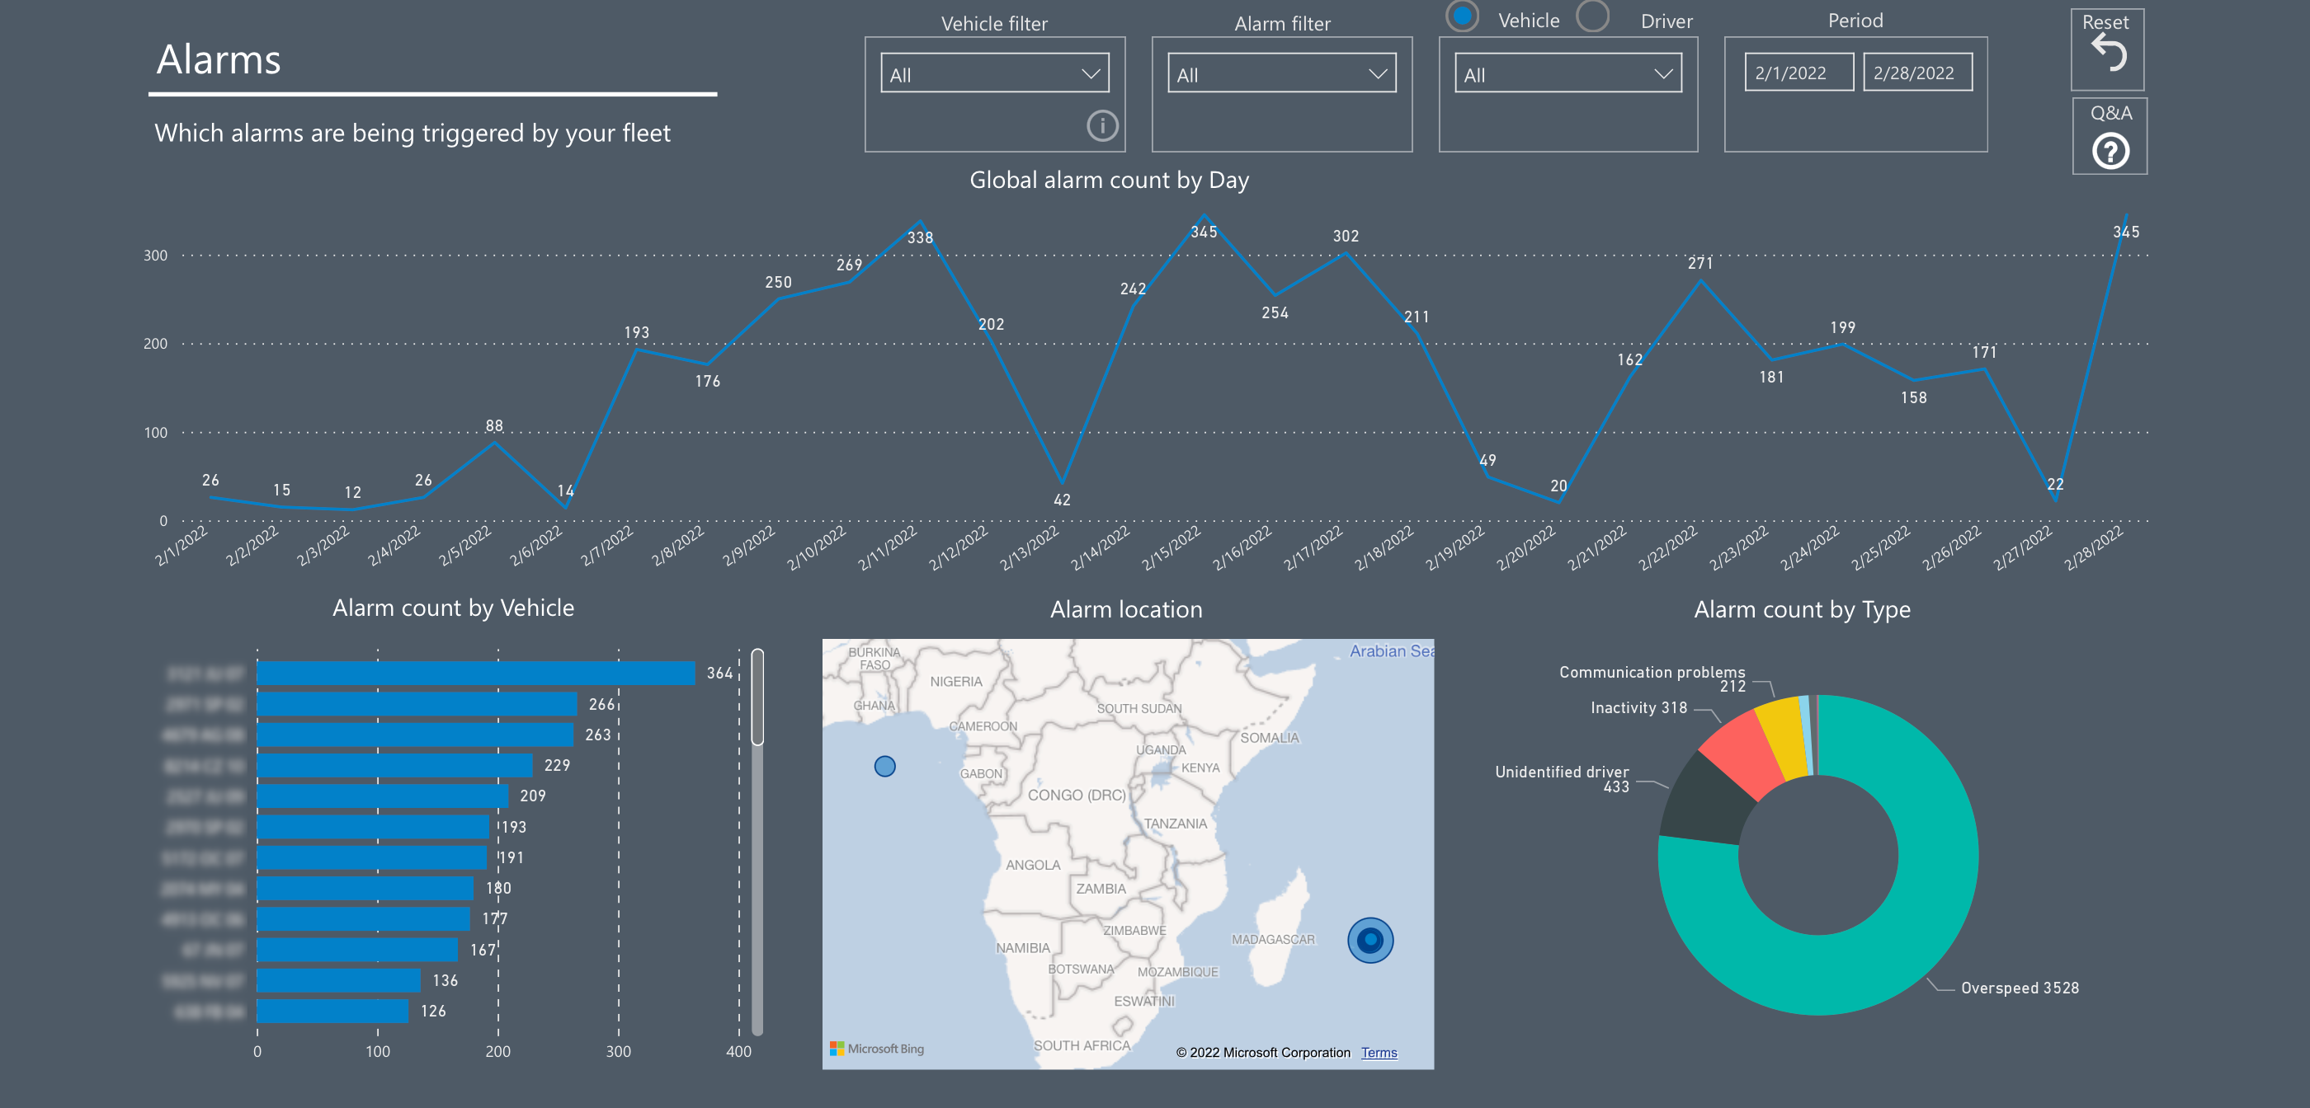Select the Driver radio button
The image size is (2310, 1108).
(1592, 17)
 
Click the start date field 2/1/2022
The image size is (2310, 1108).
(1798, 73)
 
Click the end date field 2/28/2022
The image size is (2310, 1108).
(1916, 73)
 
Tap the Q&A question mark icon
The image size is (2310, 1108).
(2110, 151)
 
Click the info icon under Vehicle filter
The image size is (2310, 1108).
(1102, 125)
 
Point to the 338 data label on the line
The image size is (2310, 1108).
(920, 237)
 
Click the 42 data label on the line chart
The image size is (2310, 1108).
(1062, 500)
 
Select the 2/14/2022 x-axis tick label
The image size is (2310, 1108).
(1101, 547)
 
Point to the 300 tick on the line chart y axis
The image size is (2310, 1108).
(155, 256)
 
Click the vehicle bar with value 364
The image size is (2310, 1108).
(475, 674)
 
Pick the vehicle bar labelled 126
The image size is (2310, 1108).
(332, 1012)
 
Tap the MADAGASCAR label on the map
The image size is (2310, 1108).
(1272, 940)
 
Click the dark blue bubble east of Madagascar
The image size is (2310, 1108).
(1369, 941)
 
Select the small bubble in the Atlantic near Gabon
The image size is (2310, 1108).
(884, 767)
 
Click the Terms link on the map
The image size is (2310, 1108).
(1379, 1053)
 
